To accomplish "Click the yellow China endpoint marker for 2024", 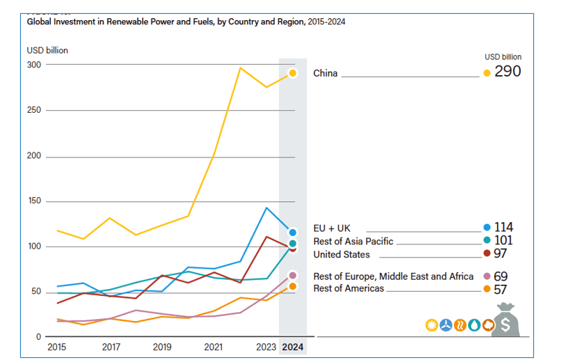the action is coord(292,73).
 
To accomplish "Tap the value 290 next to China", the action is coord(507,72).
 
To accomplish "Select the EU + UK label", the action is coord(332,228).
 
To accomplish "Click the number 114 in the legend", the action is coord(503,227).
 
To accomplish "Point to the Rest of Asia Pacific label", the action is coord(353,242).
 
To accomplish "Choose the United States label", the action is coord(342,254).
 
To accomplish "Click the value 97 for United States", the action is coord(500,253).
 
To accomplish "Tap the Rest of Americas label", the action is coord(349,288).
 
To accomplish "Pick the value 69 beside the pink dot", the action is coord(500,276).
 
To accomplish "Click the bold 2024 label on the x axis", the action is coord(292,347).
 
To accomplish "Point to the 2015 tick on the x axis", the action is coord(57,347).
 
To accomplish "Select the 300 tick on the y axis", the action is coord(34,65).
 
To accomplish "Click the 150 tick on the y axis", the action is coord(35,201).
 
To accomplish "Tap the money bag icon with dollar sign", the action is coord(505,320).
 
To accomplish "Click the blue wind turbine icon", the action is coord(446,325).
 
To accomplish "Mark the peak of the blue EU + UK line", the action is coord(267,208).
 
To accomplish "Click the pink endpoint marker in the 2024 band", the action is coord(292,276).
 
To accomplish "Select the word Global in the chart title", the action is coord(39,22).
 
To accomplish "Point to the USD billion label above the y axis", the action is coord(47,50).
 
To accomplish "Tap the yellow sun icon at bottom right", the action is coord(432,325).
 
